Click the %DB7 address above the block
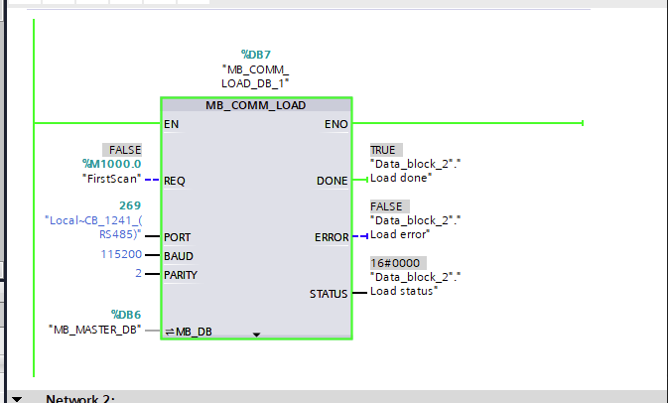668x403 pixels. pyautogui.click(x=255, y=54)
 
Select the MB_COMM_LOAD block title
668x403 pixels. pyautogui.click(x=255, y=105)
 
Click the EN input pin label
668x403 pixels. pyautogui.click(x=172, y=124)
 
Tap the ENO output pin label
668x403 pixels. pyautogui.click(x=336, y=124)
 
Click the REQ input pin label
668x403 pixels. pyautogui.click(x=175, y=181)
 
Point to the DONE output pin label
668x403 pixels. pyautogui.click(x=332, y=181)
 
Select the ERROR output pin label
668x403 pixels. pyautogui.click(x=331, y=237)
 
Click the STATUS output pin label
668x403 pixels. pyautogui.click(x=329, y=294)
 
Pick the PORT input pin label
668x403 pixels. pyautogui.click(x=178, y=237)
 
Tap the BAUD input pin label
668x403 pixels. pyautogui.click(x=179, y=256)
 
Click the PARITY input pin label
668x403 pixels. pyautogui.click(x=182, y=275)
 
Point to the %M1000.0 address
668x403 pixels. pyautogui.click(x=112, y=164)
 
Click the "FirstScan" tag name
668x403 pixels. pyautogui.click(x=112, y=180)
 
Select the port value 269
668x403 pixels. pyautogui.click(x=129, y=205)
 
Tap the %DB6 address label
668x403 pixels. pyautogui.click(x=126, y=314)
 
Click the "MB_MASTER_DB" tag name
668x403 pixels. pyautogui.click(x=95, y=329)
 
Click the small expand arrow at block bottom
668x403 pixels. pyautogui.click(x=256, y=336)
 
